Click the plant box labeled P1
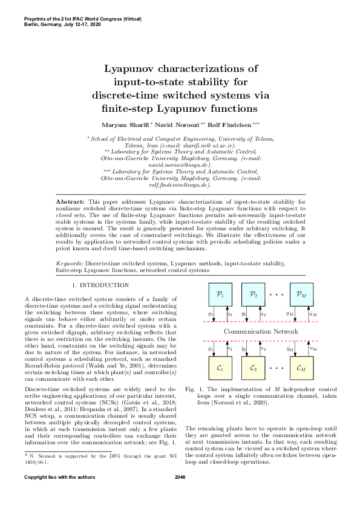[x=220, y=295]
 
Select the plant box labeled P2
[x=254, y=295]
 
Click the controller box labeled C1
[x=220, y=367]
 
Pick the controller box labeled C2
[x=254, y=367]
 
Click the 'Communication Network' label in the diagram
[x=261, y=331]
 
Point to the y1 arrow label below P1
[x=210, y=313]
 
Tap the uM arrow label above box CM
[x=313, y=348]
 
